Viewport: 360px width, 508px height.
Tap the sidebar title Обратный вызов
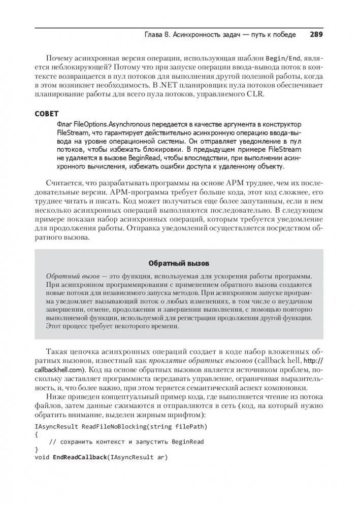click(x=179, y=263)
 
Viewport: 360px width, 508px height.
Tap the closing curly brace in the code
click(x=37, y=449)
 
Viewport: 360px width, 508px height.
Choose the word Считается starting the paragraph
click(x=64, y=184)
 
